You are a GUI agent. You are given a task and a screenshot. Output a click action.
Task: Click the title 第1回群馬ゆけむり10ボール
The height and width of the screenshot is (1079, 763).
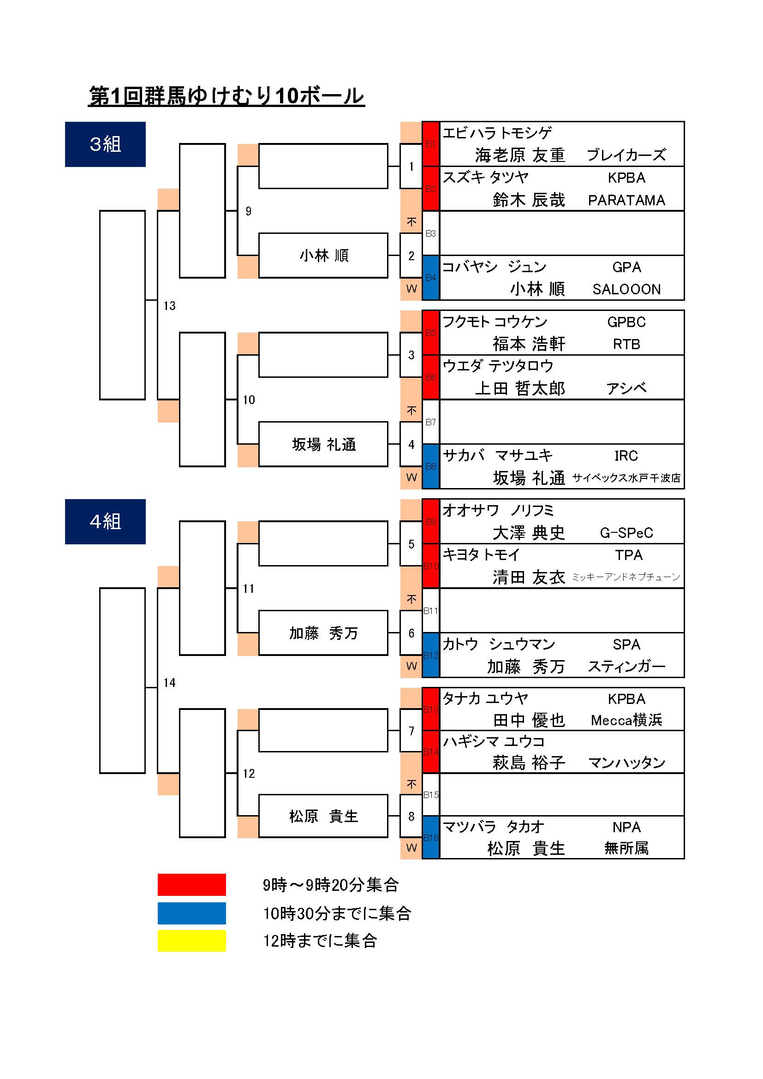227,96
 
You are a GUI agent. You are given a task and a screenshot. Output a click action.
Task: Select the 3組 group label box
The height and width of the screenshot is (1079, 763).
105,144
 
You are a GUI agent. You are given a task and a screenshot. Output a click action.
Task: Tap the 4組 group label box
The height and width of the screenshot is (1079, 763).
105,522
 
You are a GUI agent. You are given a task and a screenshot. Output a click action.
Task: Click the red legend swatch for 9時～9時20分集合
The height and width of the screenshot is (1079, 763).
192,885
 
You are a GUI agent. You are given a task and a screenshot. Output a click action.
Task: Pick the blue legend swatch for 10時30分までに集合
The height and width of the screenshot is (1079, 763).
192,913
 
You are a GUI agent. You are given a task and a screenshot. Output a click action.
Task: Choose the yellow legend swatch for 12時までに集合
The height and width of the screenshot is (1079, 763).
192,941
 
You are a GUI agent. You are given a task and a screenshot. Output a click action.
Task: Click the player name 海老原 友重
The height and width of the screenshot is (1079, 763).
519,155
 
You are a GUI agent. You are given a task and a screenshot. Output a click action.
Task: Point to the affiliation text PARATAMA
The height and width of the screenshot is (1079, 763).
626,200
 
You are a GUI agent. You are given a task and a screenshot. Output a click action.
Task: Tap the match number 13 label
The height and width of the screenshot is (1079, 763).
169,306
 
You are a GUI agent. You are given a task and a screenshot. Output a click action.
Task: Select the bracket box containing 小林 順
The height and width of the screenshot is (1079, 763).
323,256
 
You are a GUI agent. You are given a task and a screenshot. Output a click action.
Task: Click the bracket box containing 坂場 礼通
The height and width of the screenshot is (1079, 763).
323,444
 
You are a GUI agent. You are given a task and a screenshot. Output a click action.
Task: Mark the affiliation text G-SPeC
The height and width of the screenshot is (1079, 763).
626,533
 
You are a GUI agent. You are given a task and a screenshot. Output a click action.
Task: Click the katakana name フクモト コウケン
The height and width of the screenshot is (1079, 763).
495,322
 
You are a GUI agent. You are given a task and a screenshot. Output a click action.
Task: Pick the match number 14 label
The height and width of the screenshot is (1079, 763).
169,683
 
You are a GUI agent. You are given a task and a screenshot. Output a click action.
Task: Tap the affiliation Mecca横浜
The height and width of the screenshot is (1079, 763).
626,721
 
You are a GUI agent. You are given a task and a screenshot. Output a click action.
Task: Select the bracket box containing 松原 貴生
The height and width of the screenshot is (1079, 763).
323,816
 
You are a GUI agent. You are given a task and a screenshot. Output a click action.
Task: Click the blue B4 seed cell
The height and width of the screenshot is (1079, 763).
430,278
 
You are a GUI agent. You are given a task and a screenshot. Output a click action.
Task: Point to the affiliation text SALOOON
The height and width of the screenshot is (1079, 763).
626,290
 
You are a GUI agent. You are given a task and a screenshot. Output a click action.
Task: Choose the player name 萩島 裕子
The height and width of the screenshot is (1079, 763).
529,762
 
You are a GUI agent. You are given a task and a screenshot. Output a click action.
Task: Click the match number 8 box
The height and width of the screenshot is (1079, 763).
411,817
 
